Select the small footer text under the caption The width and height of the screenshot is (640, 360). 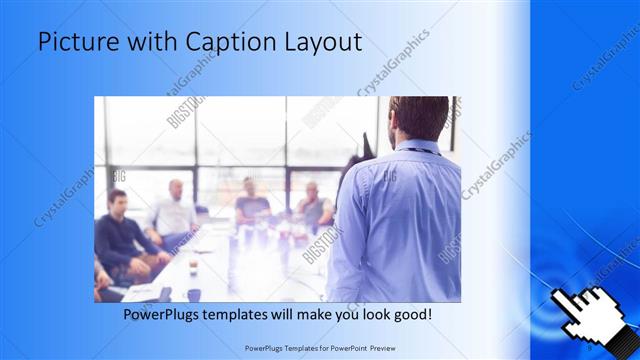[320, 350]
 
